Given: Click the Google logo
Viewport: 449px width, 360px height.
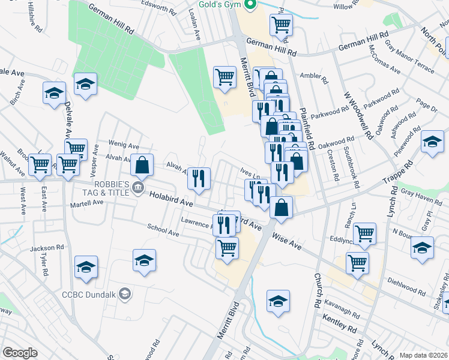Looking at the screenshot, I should point(20,353).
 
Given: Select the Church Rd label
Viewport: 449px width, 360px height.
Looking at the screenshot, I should point(317,288).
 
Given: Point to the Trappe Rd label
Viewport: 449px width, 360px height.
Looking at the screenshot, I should point(400,175).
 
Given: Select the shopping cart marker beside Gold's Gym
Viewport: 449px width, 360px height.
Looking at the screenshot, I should point(280,25).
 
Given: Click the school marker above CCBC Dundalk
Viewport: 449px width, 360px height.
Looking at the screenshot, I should point(144,260).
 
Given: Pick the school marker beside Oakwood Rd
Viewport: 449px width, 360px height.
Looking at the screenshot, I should point(432,143).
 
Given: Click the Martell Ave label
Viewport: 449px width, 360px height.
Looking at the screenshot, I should point(87,203).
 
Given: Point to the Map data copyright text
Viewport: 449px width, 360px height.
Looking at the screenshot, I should point(423,355).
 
